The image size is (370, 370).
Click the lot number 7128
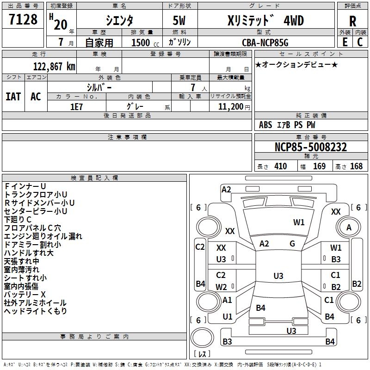tap(23, 19)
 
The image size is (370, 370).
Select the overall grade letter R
tap(352, 21)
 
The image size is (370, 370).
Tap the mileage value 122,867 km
tap(54, 67)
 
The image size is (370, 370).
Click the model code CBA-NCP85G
tap(265, 43)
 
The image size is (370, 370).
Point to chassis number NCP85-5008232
tap(311, 147)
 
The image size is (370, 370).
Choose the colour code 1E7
tap(76, 107)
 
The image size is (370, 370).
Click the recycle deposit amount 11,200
tap(230, 107)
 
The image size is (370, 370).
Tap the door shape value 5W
tap(179, 20)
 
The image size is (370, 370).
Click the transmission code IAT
tap(13, 97)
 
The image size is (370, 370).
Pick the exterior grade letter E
tap(345, 42)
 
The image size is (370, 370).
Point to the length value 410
tap(281, 166)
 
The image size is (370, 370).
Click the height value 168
tap(356, 166)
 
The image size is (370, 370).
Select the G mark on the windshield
tap(292, 244)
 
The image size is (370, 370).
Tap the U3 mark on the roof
tap(278, 276)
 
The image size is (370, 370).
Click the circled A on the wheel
tap(349, 228)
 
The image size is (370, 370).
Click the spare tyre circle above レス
tap(202, 338)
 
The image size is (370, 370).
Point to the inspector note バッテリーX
tap(25, 295)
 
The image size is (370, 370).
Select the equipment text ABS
tap(265, 125)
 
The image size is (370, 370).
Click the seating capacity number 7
tap(193, 87)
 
